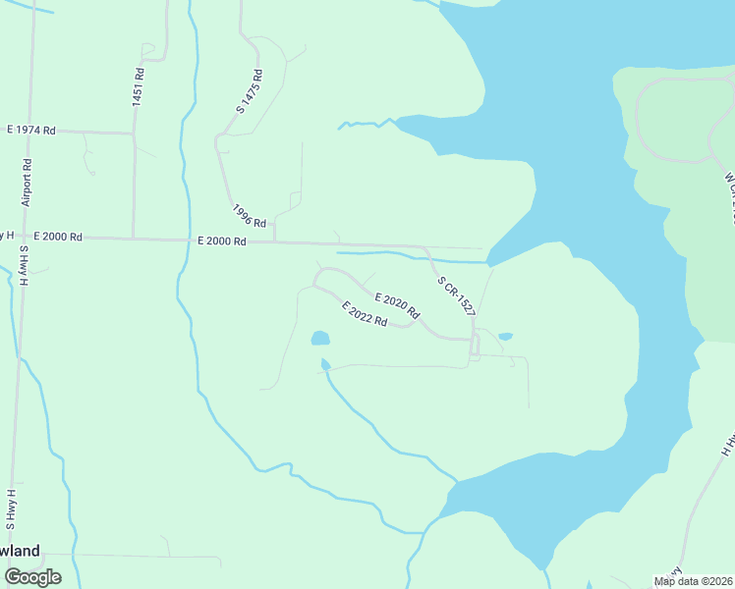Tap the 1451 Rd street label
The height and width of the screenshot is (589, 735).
(139, 87)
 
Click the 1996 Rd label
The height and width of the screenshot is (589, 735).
(250, 216)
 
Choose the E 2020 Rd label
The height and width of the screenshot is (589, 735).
(397, 306)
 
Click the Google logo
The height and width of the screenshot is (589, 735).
(32, 576)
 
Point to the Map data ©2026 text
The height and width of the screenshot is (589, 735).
(694, 581)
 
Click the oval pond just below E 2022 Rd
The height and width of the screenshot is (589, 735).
(320, 339)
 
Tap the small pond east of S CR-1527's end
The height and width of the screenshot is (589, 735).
(505, 337)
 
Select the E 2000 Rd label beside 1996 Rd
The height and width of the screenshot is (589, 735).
(221, 241)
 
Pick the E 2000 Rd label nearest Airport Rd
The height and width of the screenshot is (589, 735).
(57, 238)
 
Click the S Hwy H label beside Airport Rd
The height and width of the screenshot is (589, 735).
(23, 266)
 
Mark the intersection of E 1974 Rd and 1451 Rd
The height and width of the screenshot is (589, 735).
(134, 133)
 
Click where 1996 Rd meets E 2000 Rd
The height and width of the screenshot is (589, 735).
(274, 240)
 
